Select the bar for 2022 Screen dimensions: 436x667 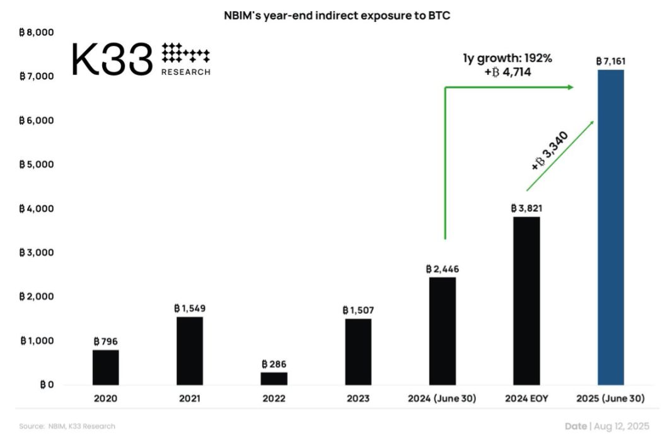(274, 378)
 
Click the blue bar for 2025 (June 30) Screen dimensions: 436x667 (610, 227)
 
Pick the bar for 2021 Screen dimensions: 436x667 (190, 350)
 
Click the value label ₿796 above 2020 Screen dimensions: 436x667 (105, 341)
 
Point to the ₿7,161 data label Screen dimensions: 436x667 (610, 62)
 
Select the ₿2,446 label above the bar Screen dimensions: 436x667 (443, 269)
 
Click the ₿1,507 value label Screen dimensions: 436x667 (358, 310)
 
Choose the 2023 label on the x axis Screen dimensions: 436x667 (358, 399)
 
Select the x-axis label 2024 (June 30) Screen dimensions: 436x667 (442, 399)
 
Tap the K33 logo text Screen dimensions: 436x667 (112, 60)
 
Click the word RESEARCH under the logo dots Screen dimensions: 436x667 (186, 72)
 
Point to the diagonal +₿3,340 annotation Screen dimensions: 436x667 (550, 151)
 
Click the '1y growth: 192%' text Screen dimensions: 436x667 (507, 59)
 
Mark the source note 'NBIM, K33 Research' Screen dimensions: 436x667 (81, 427)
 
